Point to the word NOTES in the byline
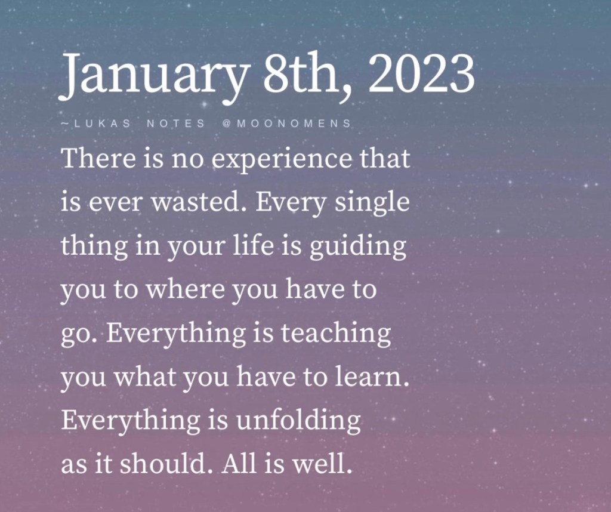(x=176, y=124)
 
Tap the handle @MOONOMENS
(x=286, y=124)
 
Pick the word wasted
(x=199, y=203)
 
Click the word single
(x=372, y=204)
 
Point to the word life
(x=253, y=245)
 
